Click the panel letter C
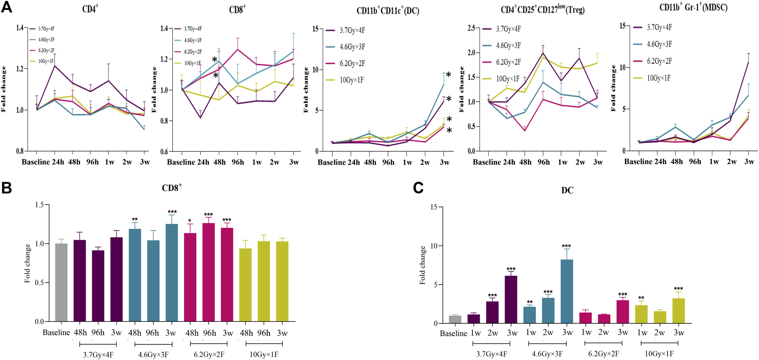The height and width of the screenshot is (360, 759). (x=418, y=188)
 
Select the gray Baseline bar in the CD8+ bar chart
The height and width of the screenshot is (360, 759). (x=61, y=282)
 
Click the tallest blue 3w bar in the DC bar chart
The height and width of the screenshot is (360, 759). (x=567, y=291)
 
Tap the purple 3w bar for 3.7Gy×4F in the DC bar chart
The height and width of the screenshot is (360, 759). (x=511, y=300)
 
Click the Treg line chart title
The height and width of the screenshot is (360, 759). (x=542, y=9)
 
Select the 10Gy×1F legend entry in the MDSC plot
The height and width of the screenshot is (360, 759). (x=658, y=78)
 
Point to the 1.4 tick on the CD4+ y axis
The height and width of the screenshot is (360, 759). (x=20, y=28)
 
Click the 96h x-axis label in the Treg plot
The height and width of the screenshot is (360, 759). (x=544, y=162)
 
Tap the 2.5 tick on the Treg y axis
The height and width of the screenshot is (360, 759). (x=471, y=28)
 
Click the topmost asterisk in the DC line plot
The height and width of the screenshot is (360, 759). (x=448, y=75)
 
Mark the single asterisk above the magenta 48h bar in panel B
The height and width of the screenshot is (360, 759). (x=190, y=221)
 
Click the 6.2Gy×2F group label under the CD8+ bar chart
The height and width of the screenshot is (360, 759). (x=209, y=354)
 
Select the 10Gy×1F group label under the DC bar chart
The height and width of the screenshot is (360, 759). (x=659, y=354)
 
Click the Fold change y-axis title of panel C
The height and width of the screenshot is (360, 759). (x=422, y=265)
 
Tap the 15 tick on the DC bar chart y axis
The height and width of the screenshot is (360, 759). (x=434, y=207)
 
